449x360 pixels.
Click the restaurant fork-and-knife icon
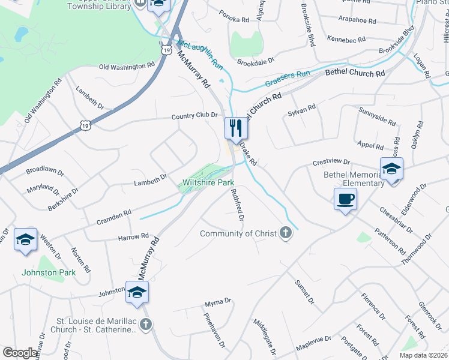click(x=236, y=128)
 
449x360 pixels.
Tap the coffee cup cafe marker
click(x=346, y=199)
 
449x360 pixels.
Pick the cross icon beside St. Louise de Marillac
click(x=146, y=325)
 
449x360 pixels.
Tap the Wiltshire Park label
click(x=208, y=182)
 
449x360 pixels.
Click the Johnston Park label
click(x=49, y=272)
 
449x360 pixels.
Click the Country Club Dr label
click(x=193, y=116)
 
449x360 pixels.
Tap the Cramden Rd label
click(x=115, y=217)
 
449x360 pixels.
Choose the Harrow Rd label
click(x=133, y=238)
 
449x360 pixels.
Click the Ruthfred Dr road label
click(x=237, y=205)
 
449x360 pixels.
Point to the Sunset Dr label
click(x=304, y=290)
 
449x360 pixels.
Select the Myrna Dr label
click(x=218, y=301)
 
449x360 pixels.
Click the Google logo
click(x=20, y=353)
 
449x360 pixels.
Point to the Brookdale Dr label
click(x=255, y=61)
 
